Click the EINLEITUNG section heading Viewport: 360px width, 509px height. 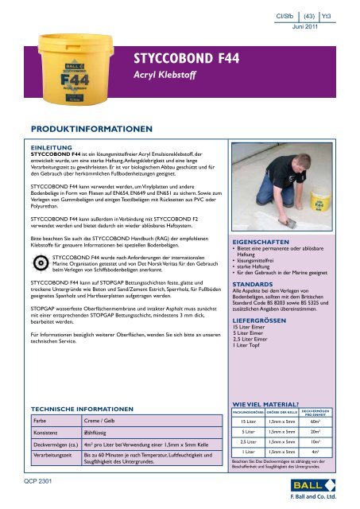click(52, 148)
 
